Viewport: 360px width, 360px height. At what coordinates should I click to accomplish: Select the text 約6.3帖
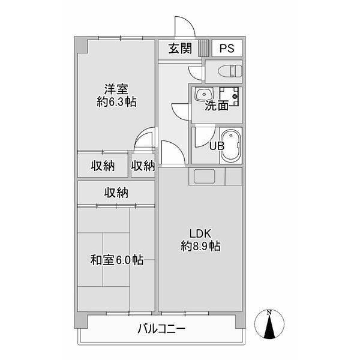click(116, 102)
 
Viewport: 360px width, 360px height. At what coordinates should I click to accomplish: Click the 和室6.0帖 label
click(117, 260)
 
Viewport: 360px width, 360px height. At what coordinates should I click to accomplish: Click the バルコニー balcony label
click(161, 328)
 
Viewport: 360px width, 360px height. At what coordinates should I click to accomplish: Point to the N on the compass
click(269, 313)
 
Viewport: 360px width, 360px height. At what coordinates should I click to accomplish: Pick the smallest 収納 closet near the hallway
click(143, 166)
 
